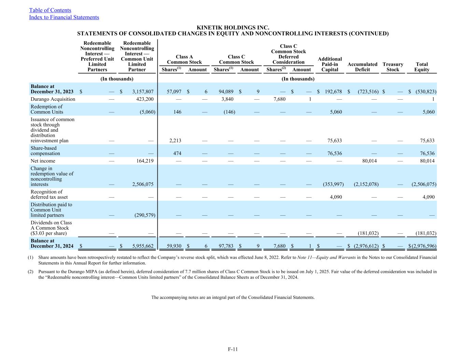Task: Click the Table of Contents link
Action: (x=50, y=10)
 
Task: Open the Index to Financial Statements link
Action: (x=64, y=17)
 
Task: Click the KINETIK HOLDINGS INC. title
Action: (x=233, y=28)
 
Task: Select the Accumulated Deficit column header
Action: (x=362, y=67)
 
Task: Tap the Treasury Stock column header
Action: (x=393, y=67)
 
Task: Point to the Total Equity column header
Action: (x=422, y=67)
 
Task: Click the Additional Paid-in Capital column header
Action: (x=329, y=64)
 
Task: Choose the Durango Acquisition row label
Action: (x=53, y=99)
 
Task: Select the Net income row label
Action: (x=43, y=161)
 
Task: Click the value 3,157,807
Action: (x=141, y=92)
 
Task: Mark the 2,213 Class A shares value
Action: (x=175, y=141)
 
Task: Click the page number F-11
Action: (x=233, y=349)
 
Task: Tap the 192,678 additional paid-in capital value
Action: (x=332, y=92)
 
